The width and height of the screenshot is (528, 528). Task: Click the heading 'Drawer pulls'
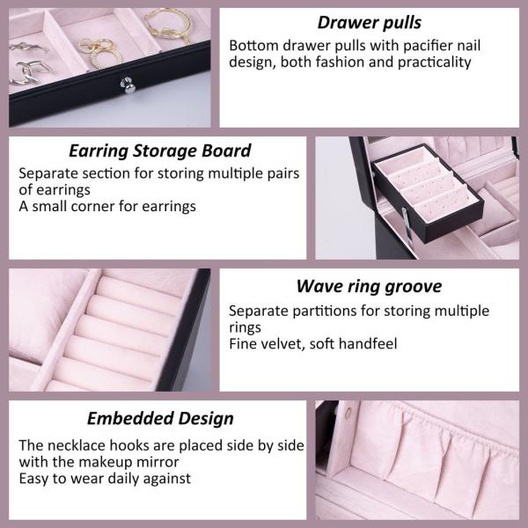point(369,22)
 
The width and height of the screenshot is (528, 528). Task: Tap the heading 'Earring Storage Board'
point(159,150)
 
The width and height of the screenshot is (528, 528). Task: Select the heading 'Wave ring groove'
point(369,286)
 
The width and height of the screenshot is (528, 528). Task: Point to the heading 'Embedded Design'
point(159,418)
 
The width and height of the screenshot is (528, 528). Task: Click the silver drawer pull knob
point(128,84)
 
